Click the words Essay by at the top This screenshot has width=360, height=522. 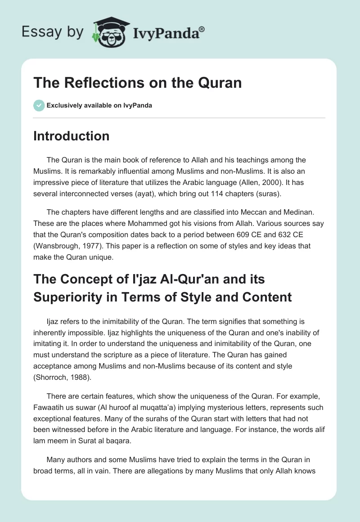tap(52, 32)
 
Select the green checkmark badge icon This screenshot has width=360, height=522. tap(39, 105)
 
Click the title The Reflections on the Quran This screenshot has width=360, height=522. tap(138, 83)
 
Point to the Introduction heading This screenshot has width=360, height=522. tap(72, 136)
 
